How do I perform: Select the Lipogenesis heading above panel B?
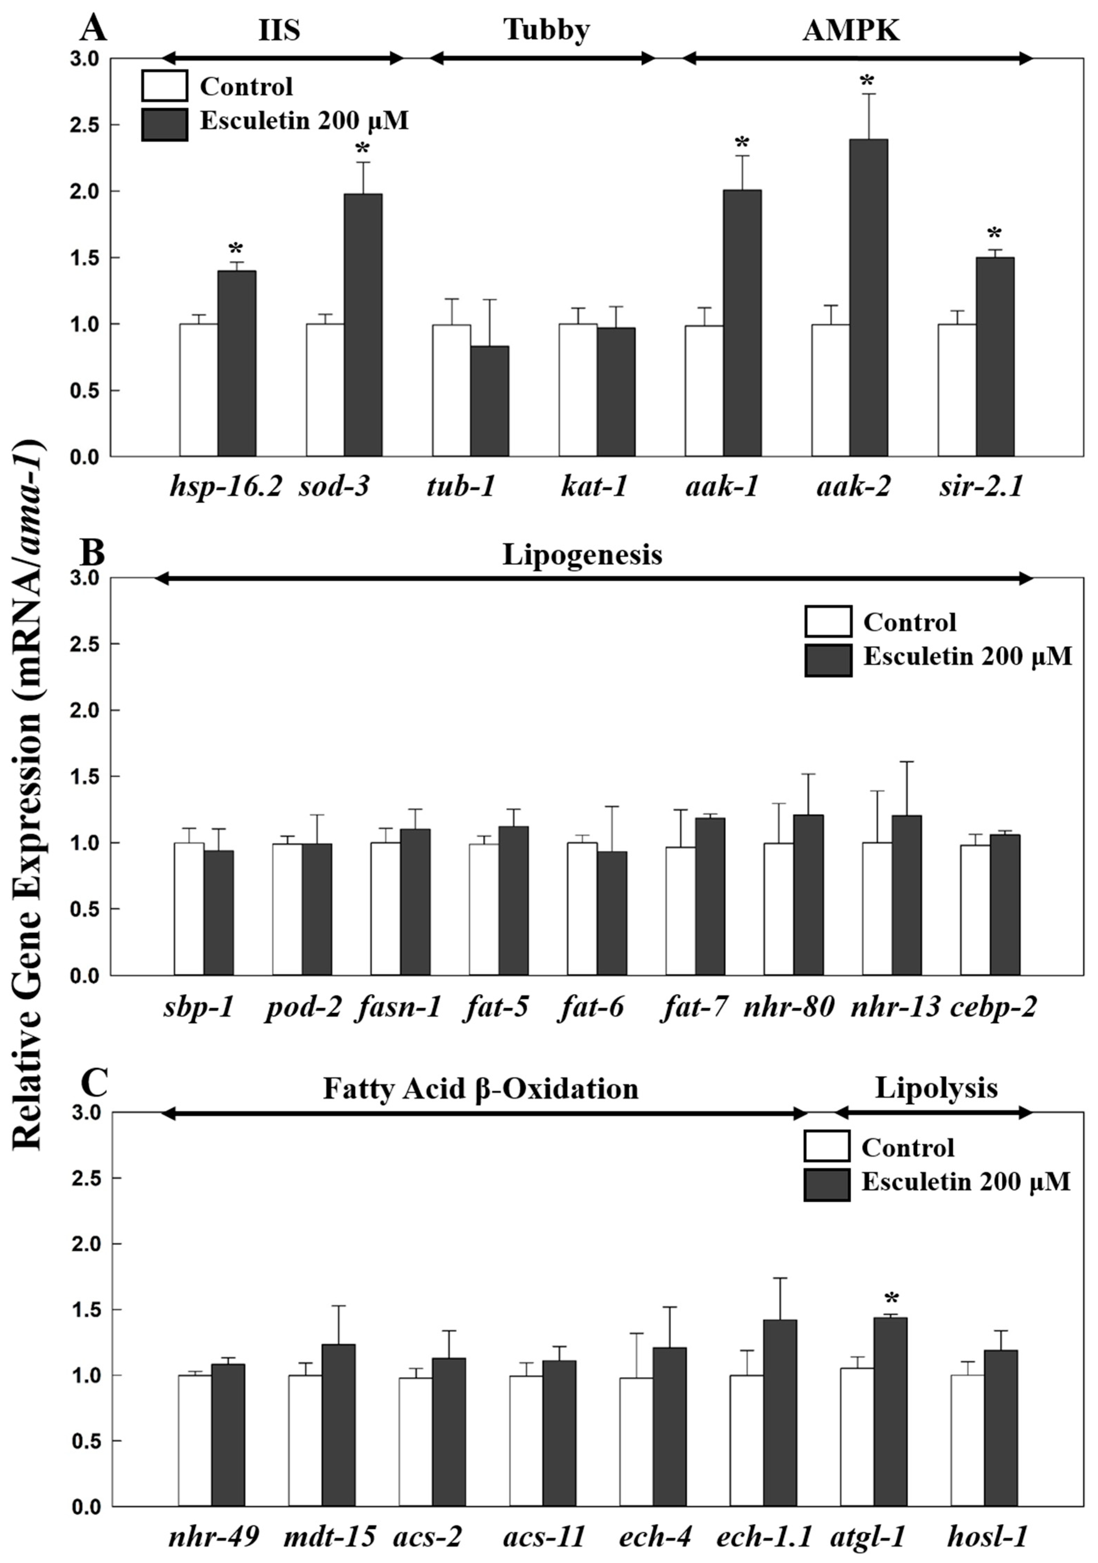pyautogui.click(x=582, y=555)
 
